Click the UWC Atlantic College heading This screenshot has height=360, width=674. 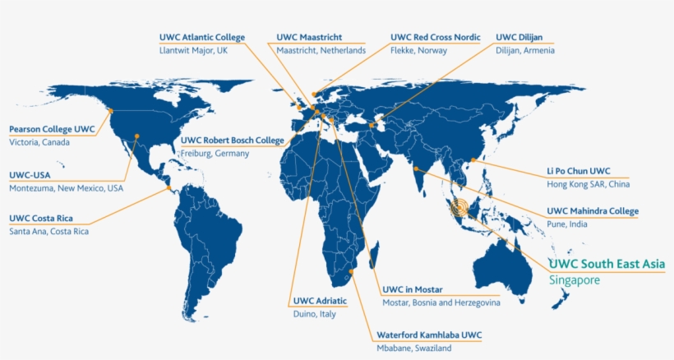click(x=201, y=37)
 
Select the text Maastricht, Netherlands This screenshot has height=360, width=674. click(x=321, y=51)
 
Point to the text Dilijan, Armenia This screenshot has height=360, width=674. click(x=525, y=51)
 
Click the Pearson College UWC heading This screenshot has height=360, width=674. click(x=52, y=129)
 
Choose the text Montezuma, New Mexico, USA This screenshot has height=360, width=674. click(x=66, y=188)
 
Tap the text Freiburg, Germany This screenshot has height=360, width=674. click(x=215, y=154)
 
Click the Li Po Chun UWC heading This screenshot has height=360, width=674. click(x=579, y=171)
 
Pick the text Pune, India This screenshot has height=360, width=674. click(x=568, y=224)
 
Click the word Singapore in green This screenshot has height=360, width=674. click(x=575, y=280)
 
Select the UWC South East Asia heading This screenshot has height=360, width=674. click(x=607, y=264)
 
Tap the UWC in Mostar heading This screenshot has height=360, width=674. click(x=413, y=289)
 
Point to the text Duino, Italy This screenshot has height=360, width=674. click(x=316, y=315)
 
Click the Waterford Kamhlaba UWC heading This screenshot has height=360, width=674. click(x=428, y=335)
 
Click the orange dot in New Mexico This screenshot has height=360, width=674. click(x=137, y=136)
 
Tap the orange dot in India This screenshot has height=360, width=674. click(x=418, y=169)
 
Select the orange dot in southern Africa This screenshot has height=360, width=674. click(x=351, y=270)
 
